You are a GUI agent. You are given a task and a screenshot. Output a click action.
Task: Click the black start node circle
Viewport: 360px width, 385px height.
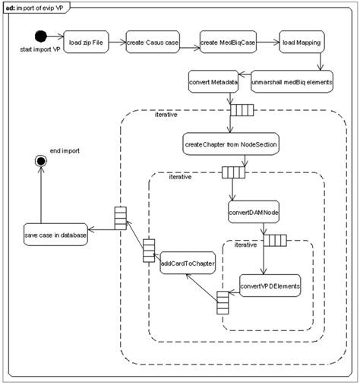click(x=41, y=36)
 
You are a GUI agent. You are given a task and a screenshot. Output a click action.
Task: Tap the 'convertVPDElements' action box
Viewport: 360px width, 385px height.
click(x=270, y=286)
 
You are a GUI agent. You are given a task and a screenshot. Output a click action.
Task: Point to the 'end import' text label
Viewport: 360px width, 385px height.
click(x=64, y=151)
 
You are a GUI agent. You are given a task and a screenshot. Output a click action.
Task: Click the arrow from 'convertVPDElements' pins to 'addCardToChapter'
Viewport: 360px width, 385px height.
click(x=200, y=288)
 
